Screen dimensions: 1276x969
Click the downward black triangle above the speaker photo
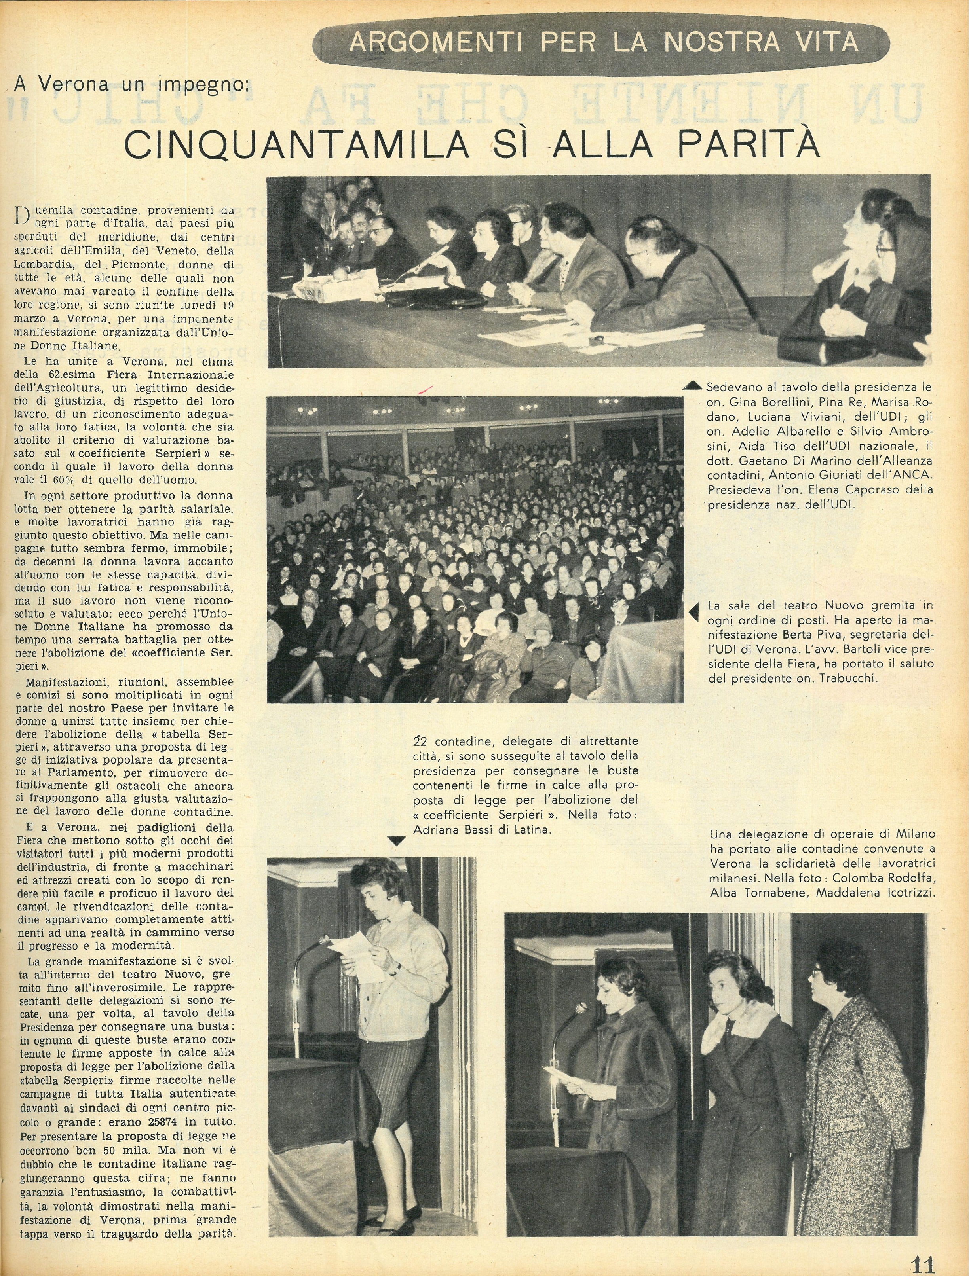(395, 842)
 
